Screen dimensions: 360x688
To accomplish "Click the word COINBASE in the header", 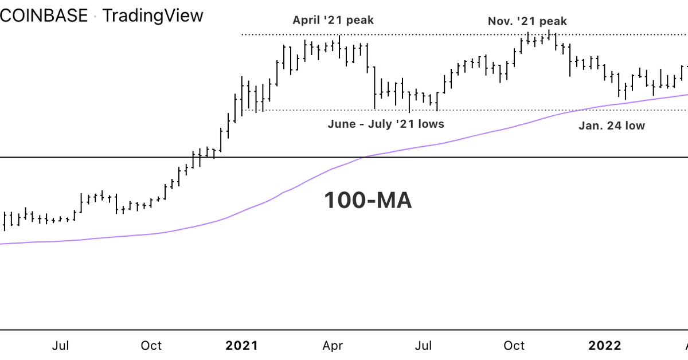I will tap(43, 15).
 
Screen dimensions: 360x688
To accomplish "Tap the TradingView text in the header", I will tap(153, 15).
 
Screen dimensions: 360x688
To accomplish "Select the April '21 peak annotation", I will tap(333, 21).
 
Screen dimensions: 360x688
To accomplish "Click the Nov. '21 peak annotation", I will tap(527, 21).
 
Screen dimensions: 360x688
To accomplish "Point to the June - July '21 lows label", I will tap(386, 124).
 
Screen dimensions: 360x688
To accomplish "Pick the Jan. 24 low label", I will tap(611, 126).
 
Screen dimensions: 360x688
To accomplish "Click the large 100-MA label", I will tap(368, 201).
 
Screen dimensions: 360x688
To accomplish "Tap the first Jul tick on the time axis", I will tap(61, 346).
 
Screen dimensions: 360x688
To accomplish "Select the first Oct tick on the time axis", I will tap(151, 346).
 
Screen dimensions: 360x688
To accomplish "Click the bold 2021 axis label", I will tap(242, 346).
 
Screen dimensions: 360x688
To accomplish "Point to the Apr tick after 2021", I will tap(333, 346).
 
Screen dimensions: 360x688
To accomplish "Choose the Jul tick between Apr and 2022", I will tap(424, 346).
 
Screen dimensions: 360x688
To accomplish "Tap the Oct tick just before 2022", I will tap(514, 346).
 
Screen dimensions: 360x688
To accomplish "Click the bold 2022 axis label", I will tap(605, 346).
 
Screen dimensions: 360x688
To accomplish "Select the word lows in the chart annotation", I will tap(431, 124).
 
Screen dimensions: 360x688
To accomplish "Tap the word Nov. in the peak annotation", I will tap(501, 21).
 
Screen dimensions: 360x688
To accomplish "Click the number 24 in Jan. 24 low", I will tap(615, 126).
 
